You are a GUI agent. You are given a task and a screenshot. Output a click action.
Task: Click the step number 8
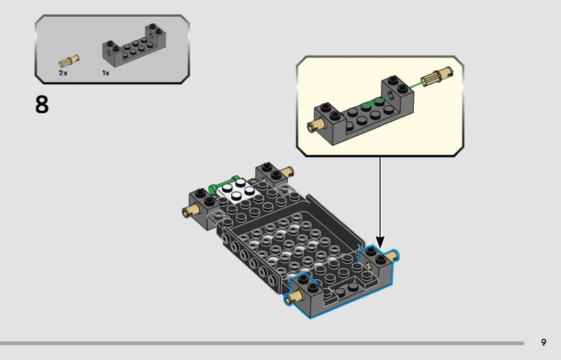[42, 105]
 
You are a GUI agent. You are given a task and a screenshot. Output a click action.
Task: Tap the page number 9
[543, 342]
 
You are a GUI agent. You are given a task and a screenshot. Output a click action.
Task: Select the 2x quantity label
[63, 72]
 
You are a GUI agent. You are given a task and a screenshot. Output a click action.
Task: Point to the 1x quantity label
[106, 72]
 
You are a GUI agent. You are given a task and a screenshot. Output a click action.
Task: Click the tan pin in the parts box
[69, 61]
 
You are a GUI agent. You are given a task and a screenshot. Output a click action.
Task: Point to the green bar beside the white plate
[228, 179]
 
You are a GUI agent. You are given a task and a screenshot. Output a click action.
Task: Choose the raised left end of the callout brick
[327, 114]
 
